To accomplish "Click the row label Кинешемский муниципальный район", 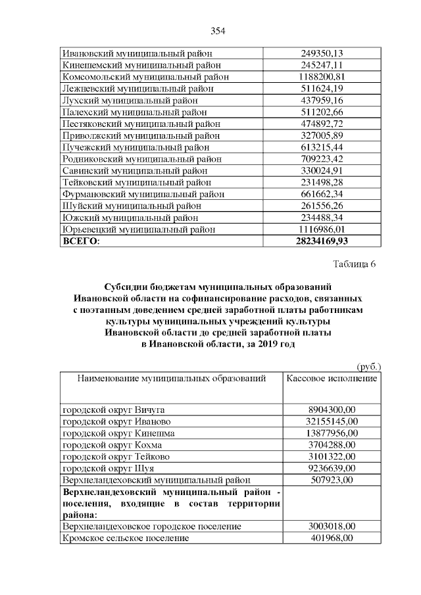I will click(141, 65).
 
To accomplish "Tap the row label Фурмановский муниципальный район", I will click(143, 194).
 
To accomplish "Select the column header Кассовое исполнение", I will click(332, 379).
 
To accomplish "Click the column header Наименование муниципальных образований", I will click(172, 379).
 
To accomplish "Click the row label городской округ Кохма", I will click(114, 444).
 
